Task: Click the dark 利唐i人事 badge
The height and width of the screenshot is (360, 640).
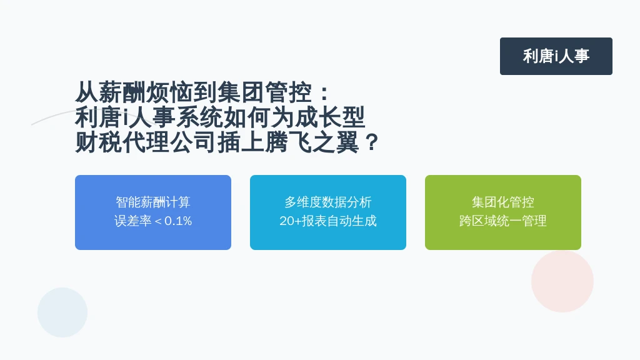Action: (x=556, y=56)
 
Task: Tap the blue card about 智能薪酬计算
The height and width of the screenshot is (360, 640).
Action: (x=153, y=212)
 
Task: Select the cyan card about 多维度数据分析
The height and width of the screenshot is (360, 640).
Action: (x=327, y=212)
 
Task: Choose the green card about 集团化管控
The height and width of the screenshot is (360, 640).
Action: (x=503, y=212)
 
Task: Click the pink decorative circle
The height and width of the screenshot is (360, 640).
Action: (x=562, y=281)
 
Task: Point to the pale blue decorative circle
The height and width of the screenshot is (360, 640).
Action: (x=62, y=312)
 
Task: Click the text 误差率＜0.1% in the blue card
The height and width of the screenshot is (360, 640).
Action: (x=153, y=221)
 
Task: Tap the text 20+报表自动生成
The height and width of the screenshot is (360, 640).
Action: (x=327, y=221)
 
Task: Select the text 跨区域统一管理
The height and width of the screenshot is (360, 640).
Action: (x=503, y=221)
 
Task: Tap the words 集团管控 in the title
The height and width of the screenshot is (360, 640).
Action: (x=264, y=92)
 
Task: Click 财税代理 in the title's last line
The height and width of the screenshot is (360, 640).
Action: (x=122, y=142)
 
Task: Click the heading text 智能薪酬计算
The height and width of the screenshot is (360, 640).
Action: (x=153, y=202)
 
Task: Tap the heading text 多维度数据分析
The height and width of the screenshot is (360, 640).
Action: (x=327, y=202)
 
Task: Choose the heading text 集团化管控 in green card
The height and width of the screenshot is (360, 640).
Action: (x=503, y=202)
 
